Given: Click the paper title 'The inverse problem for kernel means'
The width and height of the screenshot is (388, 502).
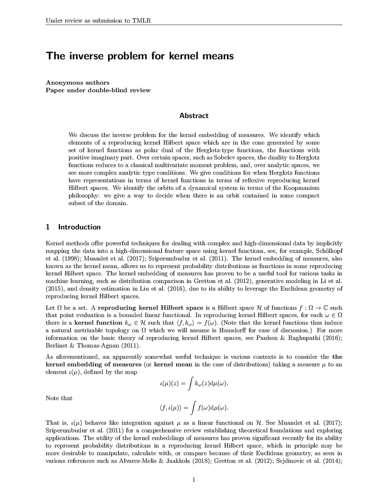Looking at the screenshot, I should click(x=140, y=56).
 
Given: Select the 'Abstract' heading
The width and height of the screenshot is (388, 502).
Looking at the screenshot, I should click(x=194, y=115).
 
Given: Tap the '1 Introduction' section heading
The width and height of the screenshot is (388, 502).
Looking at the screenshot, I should click(x=73, y=227).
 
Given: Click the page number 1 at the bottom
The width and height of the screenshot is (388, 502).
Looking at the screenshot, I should click(x=194, y=480).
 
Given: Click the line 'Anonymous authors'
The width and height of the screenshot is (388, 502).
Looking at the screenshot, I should click(x=77, y=82).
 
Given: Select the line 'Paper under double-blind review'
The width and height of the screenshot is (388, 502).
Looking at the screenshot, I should click(x=98, y=90).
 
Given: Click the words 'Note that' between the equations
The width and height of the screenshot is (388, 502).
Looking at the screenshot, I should click(x=59, y=398).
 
